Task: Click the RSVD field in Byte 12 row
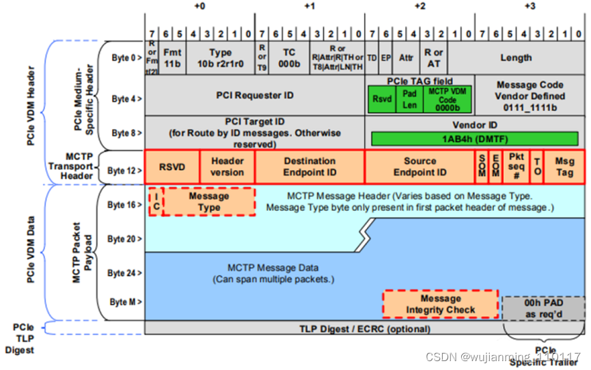tap(172, 167)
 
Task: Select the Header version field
tap(227, 167)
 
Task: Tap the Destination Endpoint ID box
tap(310, 167)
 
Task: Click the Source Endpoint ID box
tap(420, 167)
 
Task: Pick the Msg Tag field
tap(564, 167)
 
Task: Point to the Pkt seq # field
tap(516, 167)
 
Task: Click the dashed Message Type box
tap(209, 201)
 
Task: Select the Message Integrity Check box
tap(441, 304)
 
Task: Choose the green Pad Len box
tap(410, 99)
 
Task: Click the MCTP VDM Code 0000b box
tap(447, 99)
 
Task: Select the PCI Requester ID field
tap(255, 95)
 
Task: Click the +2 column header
tap(420, 6)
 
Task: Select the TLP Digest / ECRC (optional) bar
tap(366, 328)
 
